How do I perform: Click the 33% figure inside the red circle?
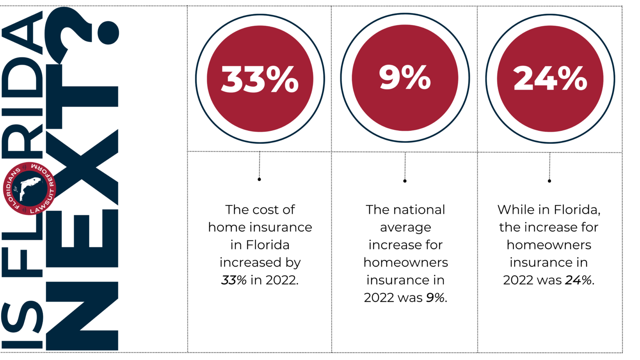pyautogui.click(x=260, y=79)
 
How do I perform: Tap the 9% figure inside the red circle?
pyautogui.click(x=405, y=77)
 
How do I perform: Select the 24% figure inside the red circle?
pyautogui.click(x=550, y=78)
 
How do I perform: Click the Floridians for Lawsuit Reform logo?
pyautogui.click(x=29, y=188)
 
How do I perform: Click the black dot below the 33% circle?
pyautogui.click(x=259, y=179)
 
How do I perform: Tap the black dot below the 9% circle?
pyautogui.click(x=405, y=181)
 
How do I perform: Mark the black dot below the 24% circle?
pyautogui.click(x=549, y=181)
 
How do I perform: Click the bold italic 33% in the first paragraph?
pyautogui.click(x=234, y=280)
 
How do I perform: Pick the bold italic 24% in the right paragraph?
pyautogui.click(x=578, y=280)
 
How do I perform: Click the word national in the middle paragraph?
pyautogui.click(x=420, y=210)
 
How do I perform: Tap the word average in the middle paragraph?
pyautogui.click(x=405, y=228)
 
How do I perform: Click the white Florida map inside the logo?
pyautogui.click(x=30, y=187)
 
